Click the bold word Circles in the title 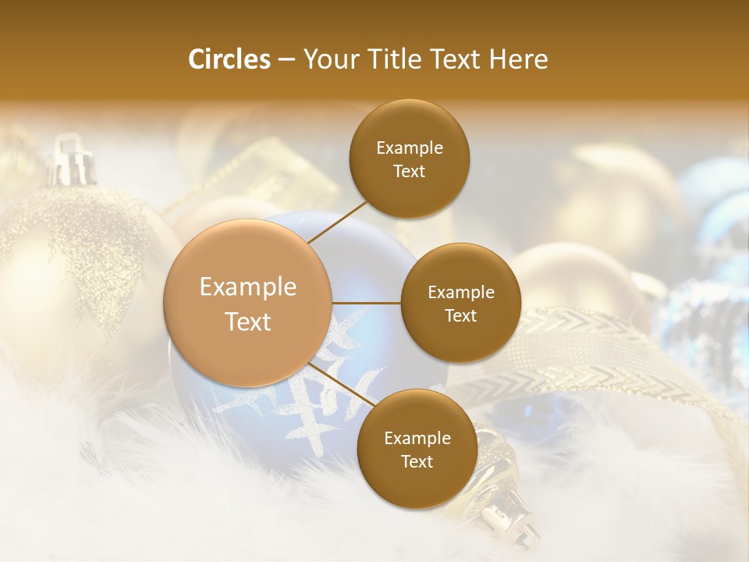coord(229,59)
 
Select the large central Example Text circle coord(248,304)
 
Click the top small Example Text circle coord(410,159)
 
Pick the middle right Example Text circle coord(460,303)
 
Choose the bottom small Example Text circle coord(417,449)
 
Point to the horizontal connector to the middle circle coord(367,303)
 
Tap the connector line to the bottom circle coord(342,383)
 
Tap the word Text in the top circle coord(410,171)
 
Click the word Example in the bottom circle coord(417,438)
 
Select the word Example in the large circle coord(248,287)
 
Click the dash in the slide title coord(286,59)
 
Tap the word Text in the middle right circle coord(460,315)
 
